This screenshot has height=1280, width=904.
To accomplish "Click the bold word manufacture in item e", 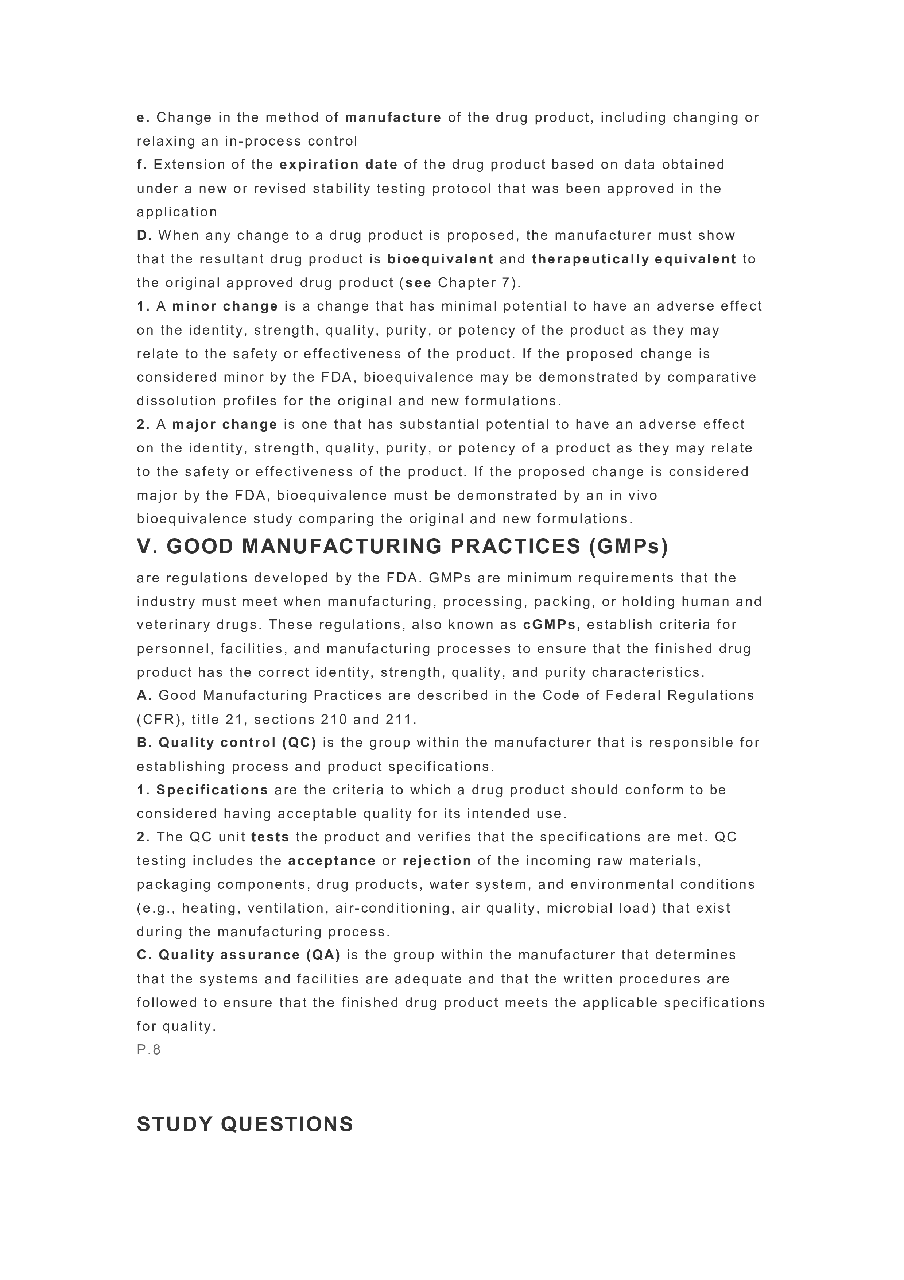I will pyautogui.click(x=393, y=117).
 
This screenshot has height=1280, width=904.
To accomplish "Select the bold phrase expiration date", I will pyautogui.click(x=339, y=165).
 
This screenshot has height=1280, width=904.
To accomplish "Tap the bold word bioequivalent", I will pyautogui.click(x=441, y=259).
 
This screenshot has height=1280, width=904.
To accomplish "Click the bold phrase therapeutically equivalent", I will pyautogui.click(x=635, y=259).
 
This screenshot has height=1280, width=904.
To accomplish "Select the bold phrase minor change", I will pyautogui.click(x=225, y=306).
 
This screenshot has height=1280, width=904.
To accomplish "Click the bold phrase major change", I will pyautogui.click(x=225, y=424).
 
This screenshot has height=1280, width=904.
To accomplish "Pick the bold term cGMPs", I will pyautogui.click(x=551, y=625).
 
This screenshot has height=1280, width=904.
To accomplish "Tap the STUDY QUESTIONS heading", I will pyautogui.click(x=245, y=1125).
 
